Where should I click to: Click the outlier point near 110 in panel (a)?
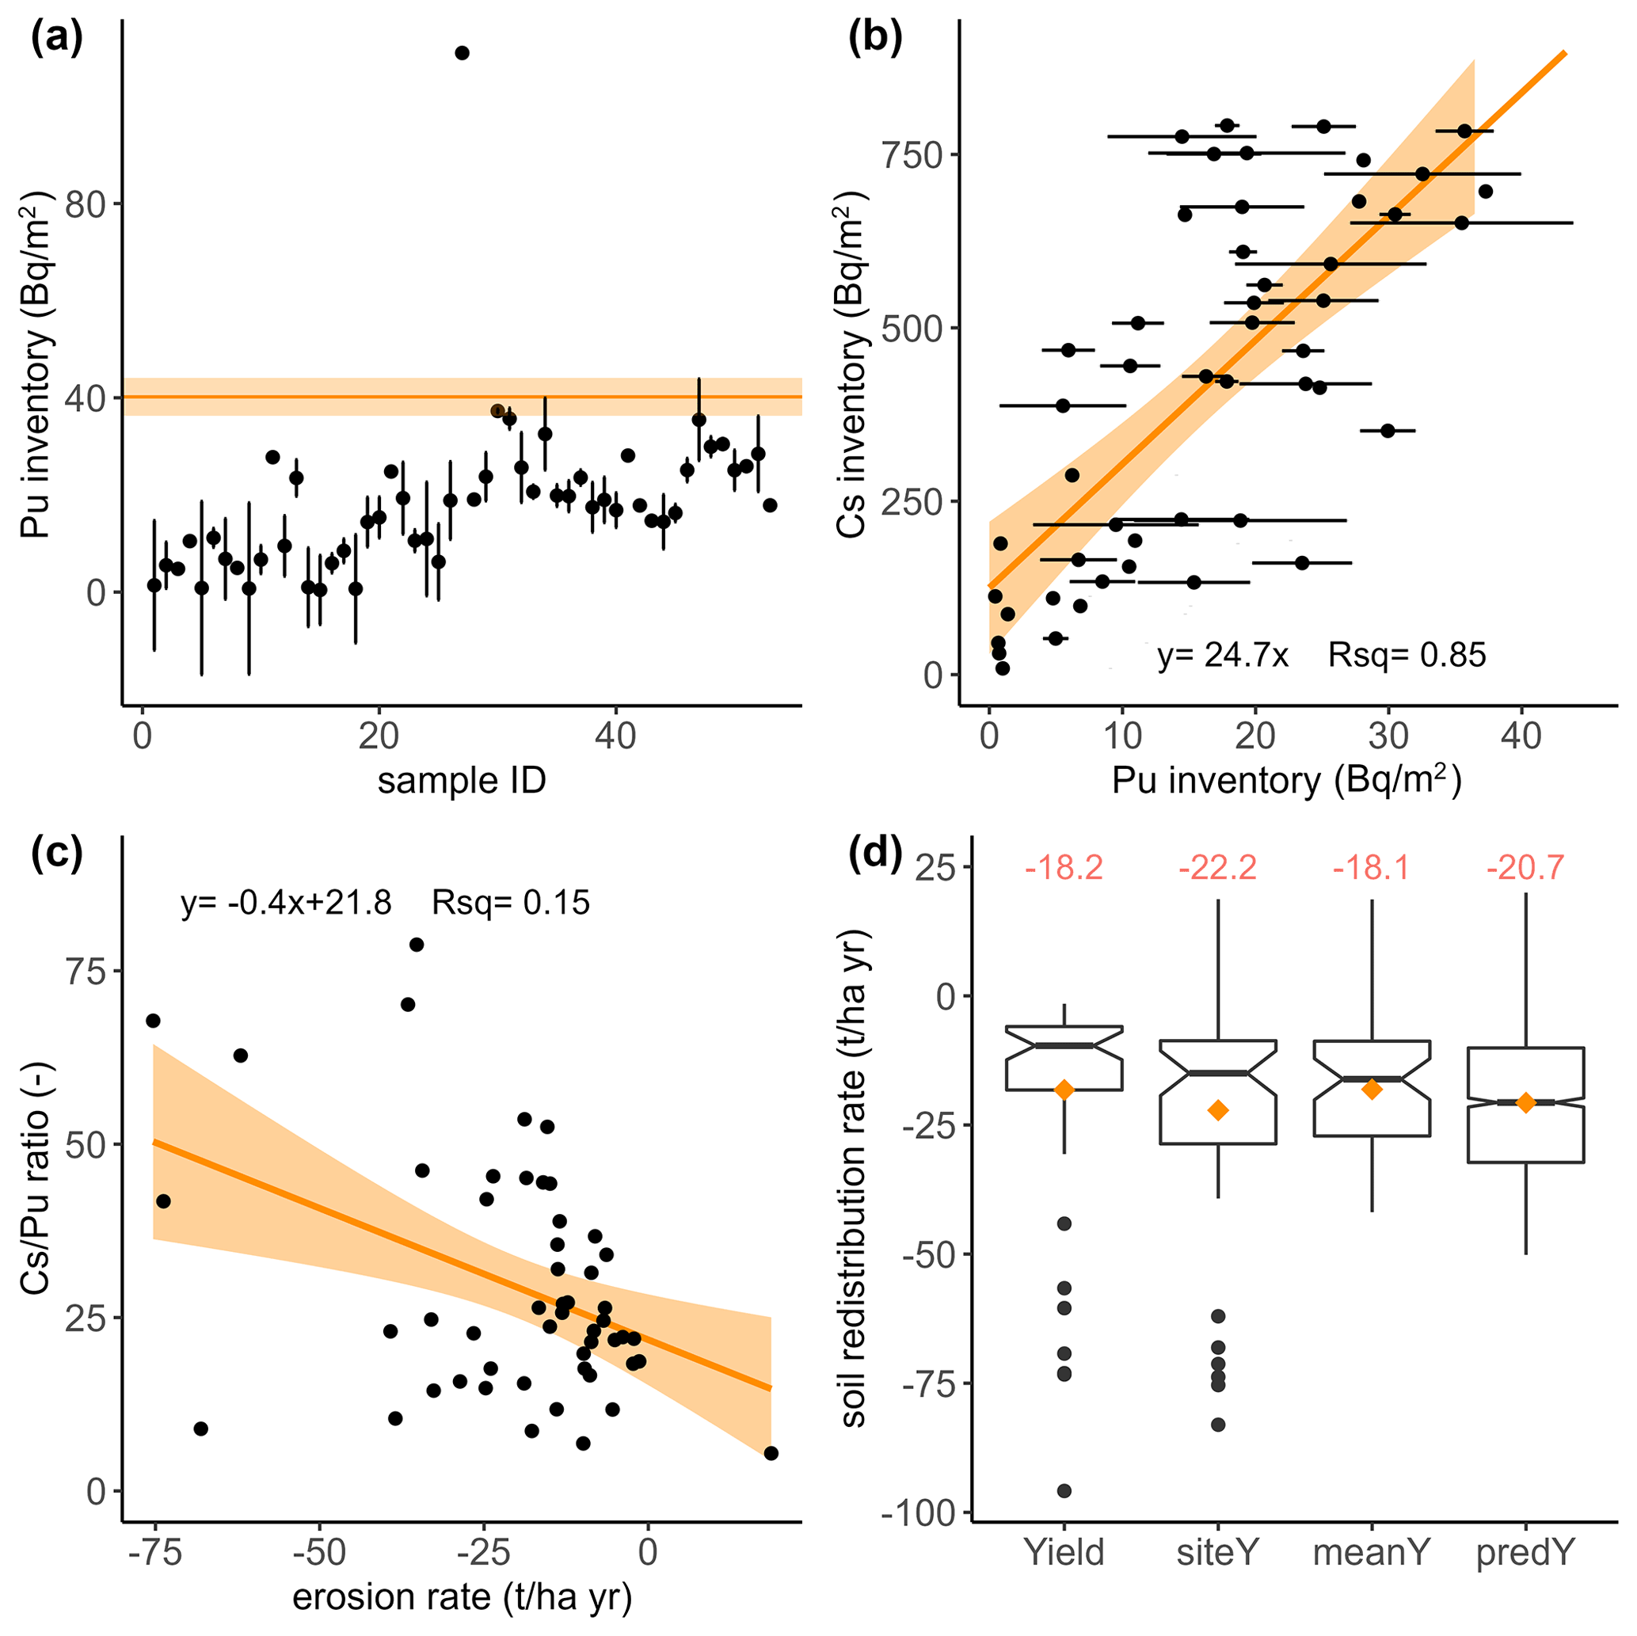pos(462,53)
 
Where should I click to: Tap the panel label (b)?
pos(875,39)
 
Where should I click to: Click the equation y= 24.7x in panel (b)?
pos(1223,655)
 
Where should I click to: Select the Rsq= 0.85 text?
pos(1407,655)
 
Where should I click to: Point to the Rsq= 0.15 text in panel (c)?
pos(510,904)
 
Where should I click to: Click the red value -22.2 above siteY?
pos(1217,868)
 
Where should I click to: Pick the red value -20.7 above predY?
pos(1525,868)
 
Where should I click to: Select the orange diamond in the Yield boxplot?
pos(1064,1090)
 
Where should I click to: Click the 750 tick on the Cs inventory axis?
pos(912,155)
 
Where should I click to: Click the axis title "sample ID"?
pos(462,780)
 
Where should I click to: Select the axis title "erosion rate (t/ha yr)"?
pos(462,1597)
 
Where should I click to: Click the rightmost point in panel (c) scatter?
pos(771,1454)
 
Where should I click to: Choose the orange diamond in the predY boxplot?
pos(1525,1102)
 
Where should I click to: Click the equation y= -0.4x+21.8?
pos(287,904)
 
